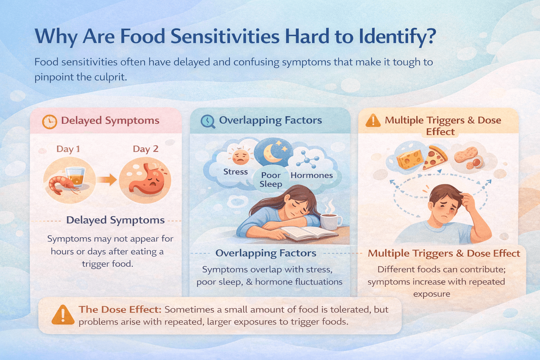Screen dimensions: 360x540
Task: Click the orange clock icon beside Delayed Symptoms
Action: (50, 122)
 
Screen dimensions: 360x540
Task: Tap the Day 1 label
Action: (68, 149)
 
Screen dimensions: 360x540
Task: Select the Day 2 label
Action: (146, 149)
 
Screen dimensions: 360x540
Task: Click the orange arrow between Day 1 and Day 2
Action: (107, 180)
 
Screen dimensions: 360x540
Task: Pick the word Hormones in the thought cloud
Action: (311, 175)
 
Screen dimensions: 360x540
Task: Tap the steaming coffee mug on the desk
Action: (330, 219)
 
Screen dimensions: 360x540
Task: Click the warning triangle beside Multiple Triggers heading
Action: (373, 121)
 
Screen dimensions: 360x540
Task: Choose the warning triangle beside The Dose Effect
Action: (63, 315)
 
